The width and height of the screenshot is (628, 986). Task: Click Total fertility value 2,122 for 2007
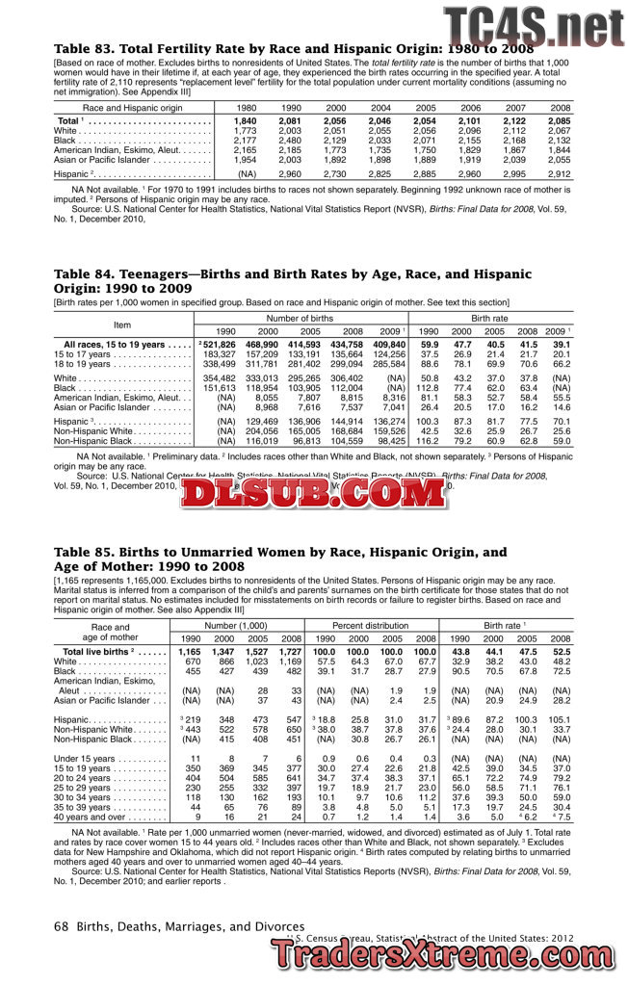515,120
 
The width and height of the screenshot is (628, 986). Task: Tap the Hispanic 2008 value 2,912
559,174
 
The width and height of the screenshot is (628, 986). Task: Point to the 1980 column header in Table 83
247,108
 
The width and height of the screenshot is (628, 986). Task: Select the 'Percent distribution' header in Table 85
372,625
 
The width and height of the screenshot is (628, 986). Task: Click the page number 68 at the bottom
61,927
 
